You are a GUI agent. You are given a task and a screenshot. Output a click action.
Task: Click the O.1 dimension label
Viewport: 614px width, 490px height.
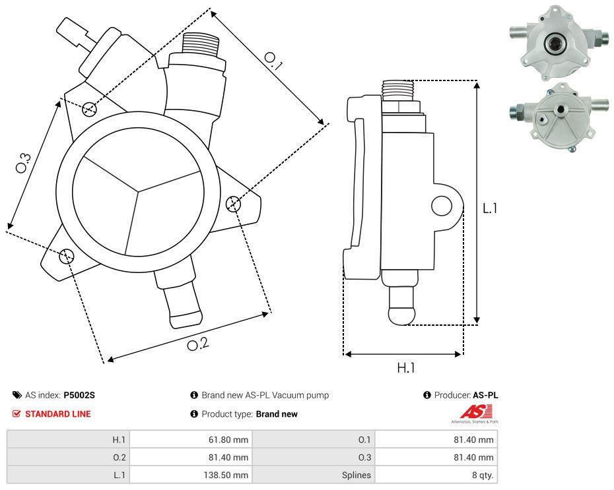tap(274, 61)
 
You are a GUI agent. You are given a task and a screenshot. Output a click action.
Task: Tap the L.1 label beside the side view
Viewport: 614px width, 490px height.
tap(489, 208)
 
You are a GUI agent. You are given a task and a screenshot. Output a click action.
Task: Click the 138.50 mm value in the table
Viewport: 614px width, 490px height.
tap(226, 475)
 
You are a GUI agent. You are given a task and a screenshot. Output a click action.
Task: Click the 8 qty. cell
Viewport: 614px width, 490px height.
tap(479, 475)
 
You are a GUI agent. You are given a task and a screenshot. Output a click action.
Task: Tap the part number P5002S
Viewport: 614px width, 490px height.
tap(79, 396)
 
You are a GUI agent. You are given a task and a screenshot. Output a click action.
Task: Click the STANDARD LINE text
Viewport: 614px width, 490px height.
tap(58, 414)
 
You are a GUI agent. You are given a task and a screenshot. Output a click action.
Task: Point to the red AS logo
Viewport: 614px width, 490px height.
tap(473, 412)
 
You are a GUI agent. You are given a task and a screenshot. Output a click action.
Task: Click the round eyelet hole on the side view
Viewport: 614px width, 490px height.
tap(440, 206)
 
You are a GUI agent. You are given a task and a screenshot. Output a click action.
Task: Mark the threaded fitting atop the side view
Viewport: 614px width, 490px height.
tap(397, 90)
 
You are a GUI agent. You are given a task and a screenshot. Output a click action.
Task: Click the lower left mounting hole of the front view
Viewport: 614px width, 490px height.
tap(66, 256)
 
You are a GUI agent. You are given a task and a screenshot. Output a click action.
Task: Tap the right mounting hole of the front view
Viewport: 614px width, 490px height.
tap(233, 204)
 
